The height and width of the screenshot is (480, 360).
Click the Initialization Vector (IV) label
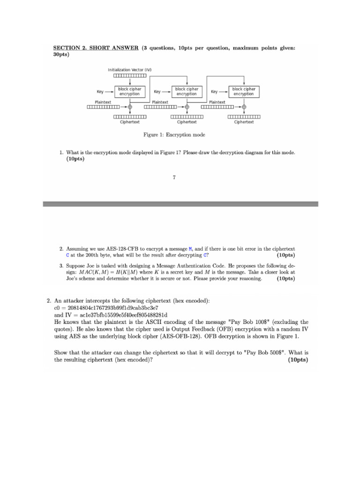point(130,70)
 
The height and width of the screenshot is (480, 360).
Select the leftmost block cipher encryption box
point(129,91)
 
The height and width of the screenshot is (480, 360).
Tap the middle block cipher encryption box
point(187,91)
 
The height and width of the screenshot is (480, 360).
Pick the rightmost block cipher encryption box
point(244,91)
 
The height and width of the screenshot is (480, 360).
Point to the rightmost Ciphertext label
point(244,122)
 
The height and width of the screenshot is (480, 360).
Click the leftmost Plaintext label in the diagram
point(103,102)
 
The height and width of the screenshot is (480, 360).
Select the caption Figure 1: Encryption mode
point(174,135)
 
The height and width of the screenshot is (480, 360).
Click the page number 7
point(174,177)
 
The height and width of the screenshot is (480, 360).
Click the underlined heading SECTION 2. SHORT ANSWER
point(96,48)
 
